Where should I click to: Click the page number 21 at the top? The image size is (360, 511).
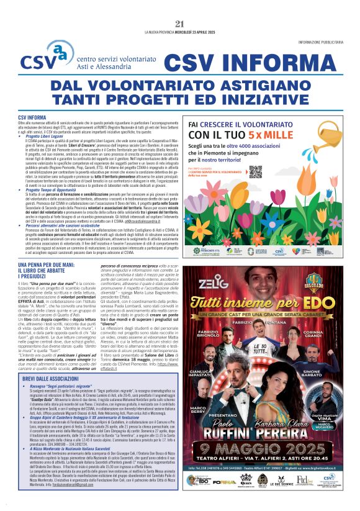click(180, 24)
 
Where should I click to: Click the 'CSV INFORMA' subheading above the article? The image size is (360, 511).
click(32, 117)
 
